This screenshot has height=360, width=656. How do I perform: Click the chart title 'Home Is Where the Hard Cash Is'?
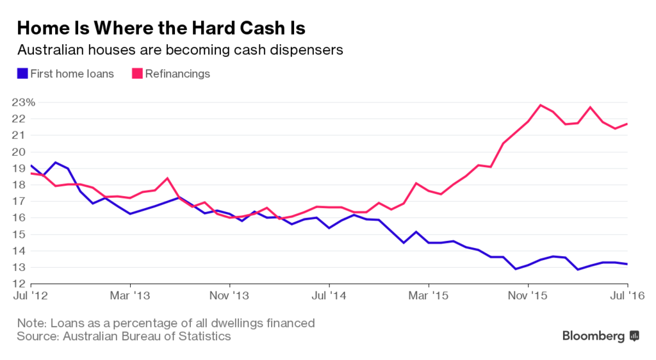[x=161, y=28]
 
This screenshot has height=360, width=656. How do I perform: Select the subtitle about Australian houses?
[x=180, y=50]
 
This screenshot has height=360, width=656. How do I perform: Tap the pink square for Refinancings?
[x=137, y=74]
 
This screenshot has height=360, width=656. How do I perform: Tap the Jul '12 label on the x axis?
[x=30, y=297]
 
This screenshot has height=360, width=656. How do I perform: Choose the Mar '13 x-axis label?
[x=130, y=297]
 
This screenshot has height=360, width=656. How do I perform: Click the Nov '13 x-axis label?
[x=229, y=297]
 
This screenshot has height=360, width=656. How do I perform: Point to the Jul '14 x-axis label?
[x=329, y=297]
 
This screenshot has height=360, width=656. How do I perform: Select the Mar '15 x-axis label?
[x=429, y=297]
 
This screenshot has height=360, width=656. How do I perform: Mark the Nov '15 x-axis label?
[x=528, y=297]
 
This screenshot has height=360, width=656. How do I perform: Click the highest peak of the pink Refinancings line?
[x=541, y=104]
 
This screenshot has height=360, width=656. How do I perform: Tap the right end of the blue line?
[x=627, y=264]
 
